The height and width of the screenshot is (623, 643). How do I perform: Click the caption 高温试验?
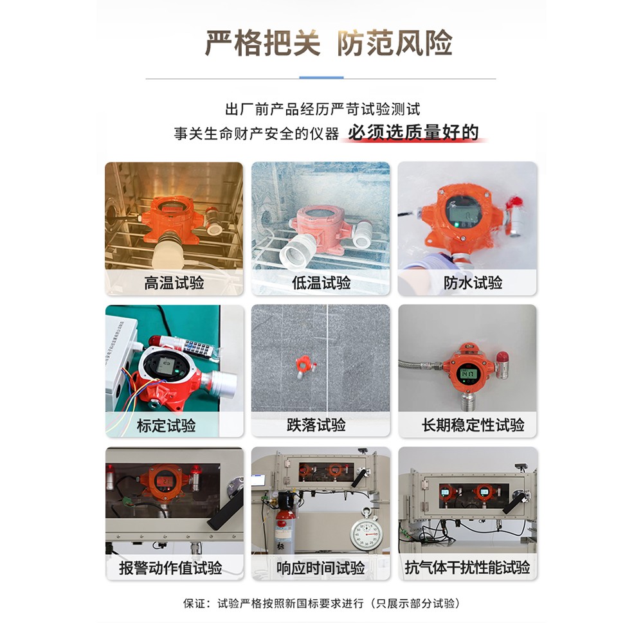(x=174, y=283)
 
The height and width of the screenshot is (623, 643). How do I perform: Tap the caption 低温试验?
(x=321, y=283)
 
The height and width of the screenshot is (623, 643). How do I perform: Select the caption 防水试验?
(x=473, y=283)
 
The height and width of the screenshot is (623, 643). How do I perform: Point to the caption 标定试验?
(x=166, y=426)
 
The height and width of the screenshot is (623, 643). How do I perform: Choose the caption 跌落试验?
(x=316, y=425)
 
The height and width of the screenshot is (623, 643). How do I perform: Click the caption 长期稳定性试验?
(x=473, y=425)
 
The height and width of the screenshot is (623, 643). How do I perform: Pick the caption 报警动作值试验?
(x=170, y=568)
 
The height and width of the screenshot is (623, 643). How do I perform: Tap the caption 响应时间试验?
(x=320, y=568)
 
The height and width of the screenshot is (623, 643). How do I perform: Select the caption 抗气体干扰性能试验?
(x=467, y=568)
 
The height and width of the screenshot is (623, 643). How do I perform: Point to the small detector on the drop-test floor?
(x=305, y=366)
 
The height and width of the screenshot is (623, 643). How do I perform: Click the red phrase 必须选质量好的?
(x=413, y=132)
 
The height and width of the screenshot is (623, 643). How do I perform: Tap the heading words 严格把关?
(x=262, y=44)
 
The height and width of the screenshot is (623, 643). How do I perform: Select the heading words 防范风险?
(x=395, y=44)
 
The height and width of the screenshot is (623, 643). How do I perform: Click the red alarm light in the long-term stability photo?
(x=502, y=359)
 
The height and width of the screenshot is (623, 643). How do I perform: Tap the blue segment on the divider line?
(x=321, y=78)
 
